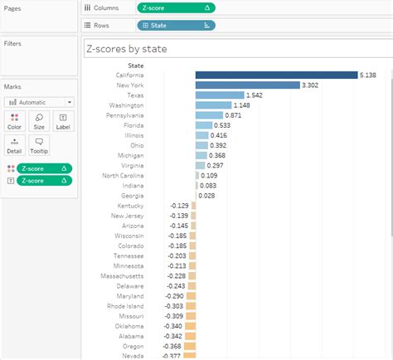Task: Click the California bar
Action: click(x=275, y=75)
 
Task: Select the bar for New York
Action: click(x=247, y=85)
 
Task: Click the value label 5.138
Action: click(x=370, y=75)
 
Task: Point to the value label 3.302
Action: click(x=311, y=85)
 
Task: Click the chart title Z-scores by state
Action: click(x=128, y=49)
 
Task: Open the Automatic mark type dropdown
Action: click(x=39, y=102)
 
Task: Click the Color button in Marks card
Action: click(x=15, y=121)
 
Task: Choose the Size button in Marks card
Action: click(x=39, y=121)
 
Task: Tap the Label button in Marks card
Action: click(x=63, y=121)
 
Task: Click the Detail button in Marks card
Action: click(x=15, y=145)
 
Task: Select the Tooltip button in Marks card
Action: click(x=39, y=145)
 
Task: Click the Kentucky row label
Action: click(x=130, y=205)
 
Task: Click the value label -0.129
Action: click(x=178, y=205)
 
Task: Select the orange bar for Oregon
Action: click(x=192, y=346)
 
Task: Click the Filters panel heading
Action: click(x=12, y=43)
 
